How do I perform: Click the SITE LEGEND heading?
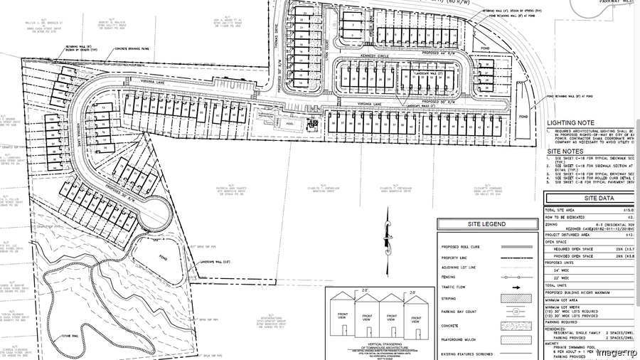click(x=487, y=224)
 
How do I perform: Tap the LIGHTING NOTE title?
click(x=570, y=123)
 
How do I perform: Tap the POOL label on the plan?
click(x=289, y=122)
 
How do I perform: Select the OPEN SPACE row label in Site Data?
click(x=559, y=240)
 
